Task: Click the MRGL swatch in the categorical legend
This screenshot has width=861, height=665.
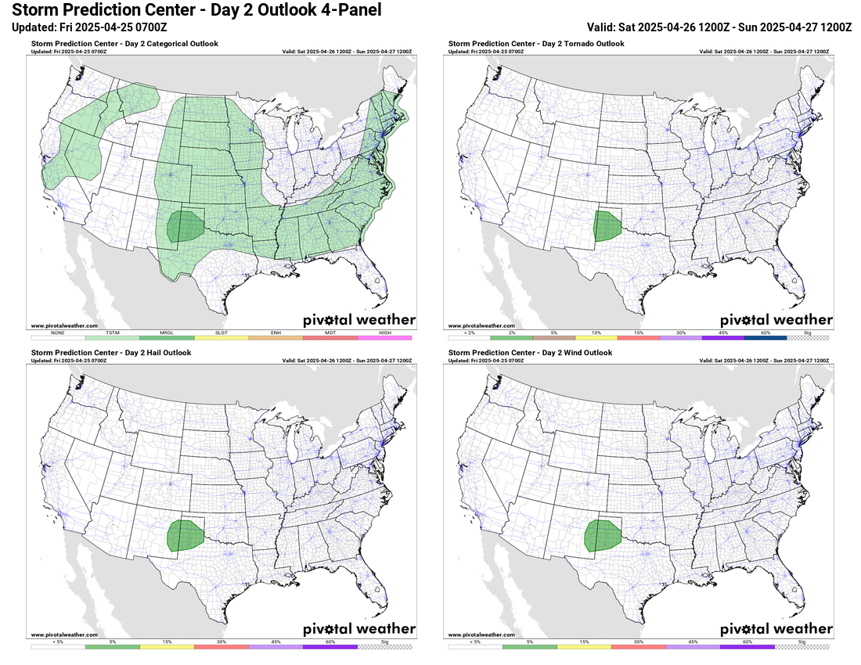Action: coord(167,337)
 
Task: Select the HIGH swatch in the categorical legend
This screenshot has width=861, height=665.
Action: coord(384,337)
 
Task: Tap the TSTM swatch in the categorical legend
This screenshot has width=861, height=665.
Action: coord(112,337)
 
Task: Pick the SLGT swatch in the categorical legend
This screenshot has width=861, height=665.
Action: coord(222,337)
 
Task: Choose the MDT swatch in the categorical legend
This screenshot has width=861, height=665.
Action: coord(330,337)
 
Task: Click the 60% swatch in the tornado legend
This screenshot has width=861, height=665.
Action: coord(766,337)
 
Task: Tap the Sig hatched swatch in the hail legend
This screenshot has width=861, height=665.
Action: coord(384,647)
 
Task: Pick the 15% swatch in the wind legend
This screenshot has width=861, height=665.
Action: coord(583,647)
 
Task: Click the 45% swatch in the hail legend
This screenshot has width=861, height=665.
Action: coord(276,647)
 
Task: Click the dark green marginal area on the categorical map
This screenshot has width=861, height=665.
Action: coord(186,227)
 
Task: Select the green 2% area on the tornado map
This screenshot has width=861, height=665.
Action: coord(605,225)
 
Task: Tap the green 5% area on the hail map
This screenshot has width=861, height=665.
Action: coord(186,536)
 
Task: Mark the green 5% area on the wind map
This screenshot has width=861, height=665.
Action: coord(603,536)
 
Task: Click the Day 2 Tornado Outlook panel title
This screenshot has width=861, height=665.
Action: coord(536,44)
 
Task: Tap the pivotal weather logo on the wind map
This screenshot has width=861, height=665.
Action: coord(776,629)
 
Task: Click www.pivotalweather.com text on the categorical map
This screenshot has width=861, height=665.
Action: coord(64,325)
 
